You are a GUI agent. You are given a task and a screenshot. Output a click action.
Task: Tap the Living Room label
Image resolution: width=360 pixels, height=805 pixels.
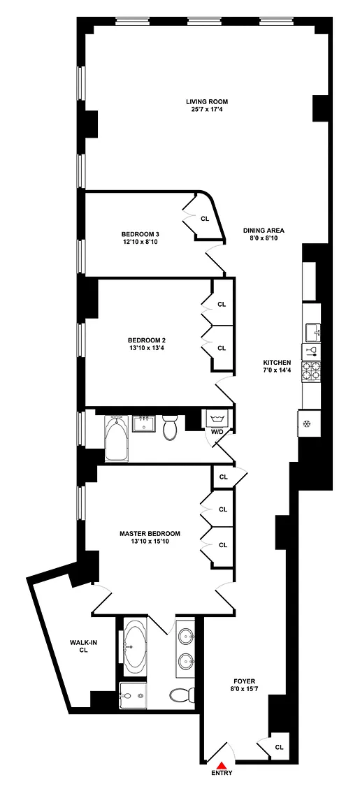(x=207, y=101)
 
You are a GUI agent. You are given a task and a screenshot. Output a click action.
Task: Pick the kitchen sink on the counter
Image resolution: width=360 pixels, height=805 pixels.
(x=312, y=333)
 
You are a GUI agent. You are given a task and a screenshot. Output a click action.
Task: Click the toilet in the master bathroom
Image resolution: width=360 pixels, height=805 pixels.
(x=182, y=696)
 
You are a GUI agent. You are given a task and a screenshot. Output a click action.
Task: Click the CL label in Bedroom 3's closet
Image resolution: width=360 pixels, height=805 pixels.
(x=205, y=219)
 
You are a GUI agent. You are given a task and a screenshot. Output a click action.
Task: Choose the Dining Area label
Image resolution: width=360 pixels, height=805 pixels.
(x=264, y=231)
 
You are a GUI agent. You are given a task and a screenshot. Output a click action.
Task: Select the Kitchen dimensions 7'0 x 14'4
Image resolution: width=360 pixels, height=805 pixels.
(x=278, y=370)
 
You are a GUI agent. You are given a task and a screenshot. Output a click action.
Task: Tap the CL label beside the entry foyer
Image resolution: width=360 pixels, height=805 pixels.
(x=279, y=748)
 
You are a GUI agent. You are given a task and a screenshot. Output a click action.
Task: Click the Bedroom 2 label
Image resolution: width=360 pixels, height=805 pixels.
(x=146, y=340)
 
